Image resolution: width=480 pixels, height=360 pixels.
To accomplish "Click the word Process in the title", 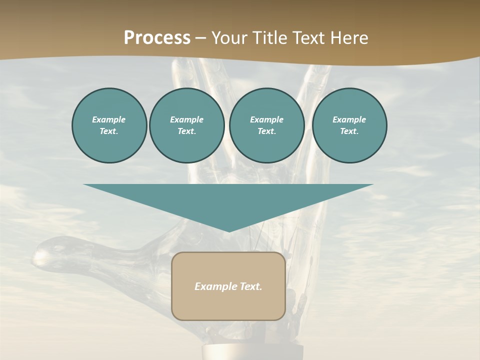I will point(157,38).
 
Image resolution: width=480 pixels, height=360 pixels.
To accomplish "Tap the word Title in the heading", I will point(268,38).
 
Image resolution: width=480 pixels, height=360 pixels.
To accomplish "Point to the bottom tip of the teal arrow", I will point(229,231).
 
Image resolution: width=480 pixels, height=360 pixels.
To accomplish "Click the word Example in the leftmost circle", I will point(109,119).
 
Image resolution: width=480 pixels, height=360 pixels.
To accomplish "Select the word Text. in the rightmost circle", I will point(349,131).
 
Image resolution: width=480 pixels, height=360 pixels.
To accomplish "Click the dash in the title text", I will point(200,38).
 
